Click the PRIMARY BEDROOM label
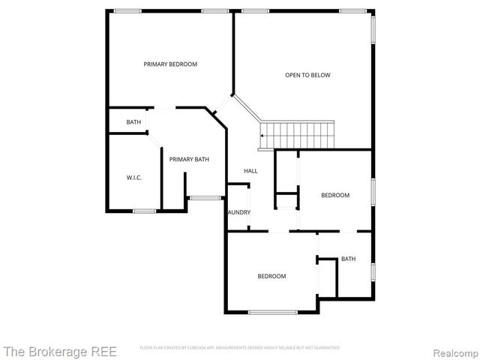pos(170,64)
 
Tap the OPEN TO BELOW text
pos(307,75)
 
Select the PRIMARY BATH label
pos(189,159)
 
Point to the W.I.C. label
pos(134,178)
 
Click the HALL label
pos(250,171)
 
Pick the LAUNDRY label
pos(239,212)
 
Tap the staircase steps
pos(300,136)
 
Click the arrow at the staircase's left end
pos(262,136)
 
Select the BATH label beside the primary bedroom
pos(133,122)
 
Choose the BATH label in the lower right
pos(349,259)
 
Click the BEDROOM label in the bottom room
pos(271,276)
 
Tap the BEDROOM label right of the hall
pos(335,195)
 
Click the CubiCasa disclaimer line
pos(240,348)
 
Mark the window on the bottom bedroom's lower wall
pos(272,312)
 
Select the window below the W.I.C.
pos(144,211)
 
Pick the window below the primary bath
pos(205,197)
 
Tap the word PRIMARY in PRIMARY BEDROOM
pos(155,64)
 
